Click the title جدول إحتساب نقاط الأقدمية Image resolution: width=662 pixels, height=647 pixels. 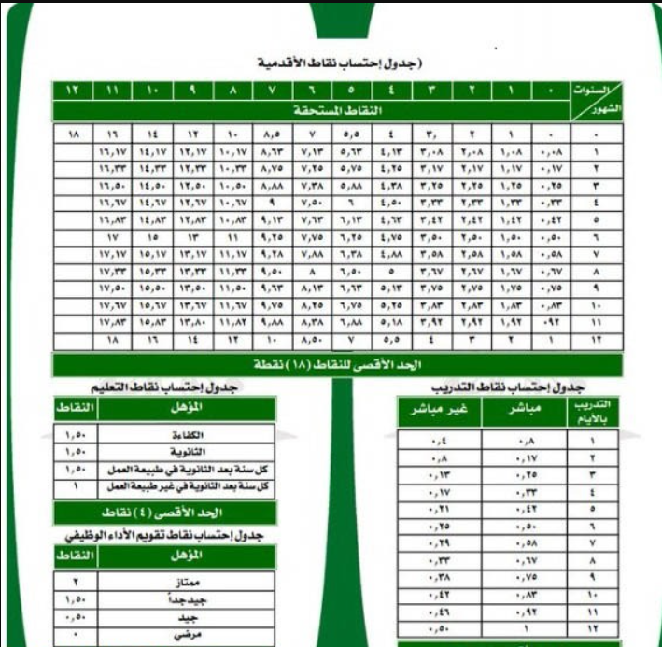pos(340,63)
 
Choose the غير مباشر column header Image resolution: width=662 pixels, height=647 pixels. pos(439,412)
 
